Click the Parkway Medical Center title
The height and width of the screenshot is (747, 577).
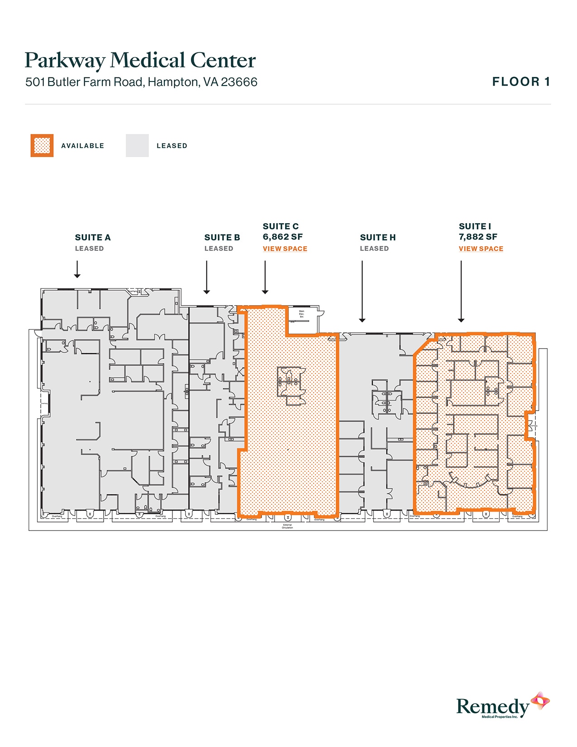[x=140, y=61]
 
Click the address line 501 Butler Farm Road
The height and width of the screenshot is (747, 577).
[x=141, y=82]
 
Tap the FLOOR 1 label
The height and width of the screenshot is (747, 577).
[x=521, y=82]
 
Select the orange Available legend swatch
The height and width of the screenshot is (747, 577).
[x=42, y=145]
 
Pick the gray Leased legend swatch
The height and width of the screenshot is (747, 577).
[x=137, y=145]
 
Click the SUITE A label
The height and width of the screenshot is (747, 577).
[x=93, y=237]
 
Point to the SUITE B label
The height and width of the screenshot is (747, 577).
[x=222, y=237]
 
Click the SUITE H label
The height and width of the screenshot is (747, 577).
[x=378, y=237]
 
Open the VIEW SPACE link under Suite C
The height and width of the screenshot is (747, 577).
[x=285, y=249]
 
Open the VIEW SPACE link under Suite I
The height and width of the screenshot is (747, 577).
[x=481, y=249]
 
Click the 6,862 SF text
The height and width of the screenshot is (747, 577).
[x=283, y=237]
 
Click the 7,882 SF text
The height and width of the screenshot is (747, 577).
[x=478, y=237]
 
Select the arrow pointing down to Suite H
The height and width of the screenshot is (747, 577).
[x=362, y=291]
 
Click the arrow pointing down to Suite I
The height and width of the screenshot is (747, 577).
[x=461, y=291]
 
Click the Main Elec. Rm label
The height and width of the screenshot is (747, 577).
[x=302, y=314]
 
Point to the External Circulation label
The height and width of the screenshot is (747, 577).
[x=287, y=526]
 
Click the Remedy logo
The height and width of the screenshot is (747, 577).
[x=502, y=706]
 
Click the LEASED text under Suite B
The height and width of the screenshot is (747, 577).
[x=219, y=249]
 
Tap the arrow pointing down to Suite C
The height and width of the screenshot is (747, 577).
[x=265, y=277]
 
